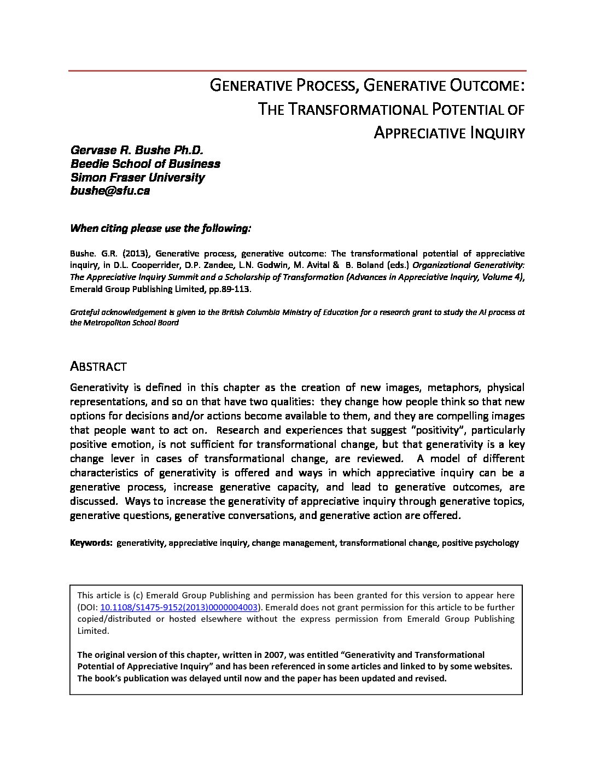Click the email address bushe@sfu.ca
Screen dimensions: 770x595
tap(110, 191)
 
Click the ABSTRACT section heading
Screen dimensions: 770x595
tap(98, 366)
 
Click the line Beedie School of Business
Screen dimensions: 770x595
tap(145, 164)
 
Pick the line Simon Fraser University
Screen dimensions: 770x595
tap(137, 178)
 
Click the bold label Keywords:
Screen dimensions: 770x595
tap(91, 543)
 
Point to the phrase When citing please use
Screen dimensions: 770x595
tap(136, 229)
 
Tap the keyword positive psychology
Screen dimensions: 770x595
tap(480, 543)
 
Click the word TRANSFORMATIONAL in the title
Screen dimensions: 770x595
tap(357, 109)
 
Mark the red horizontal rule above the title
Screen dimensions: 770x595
tap(297, 71)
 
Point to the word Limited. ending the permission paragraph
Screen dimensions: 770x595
tap(93, 631)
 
